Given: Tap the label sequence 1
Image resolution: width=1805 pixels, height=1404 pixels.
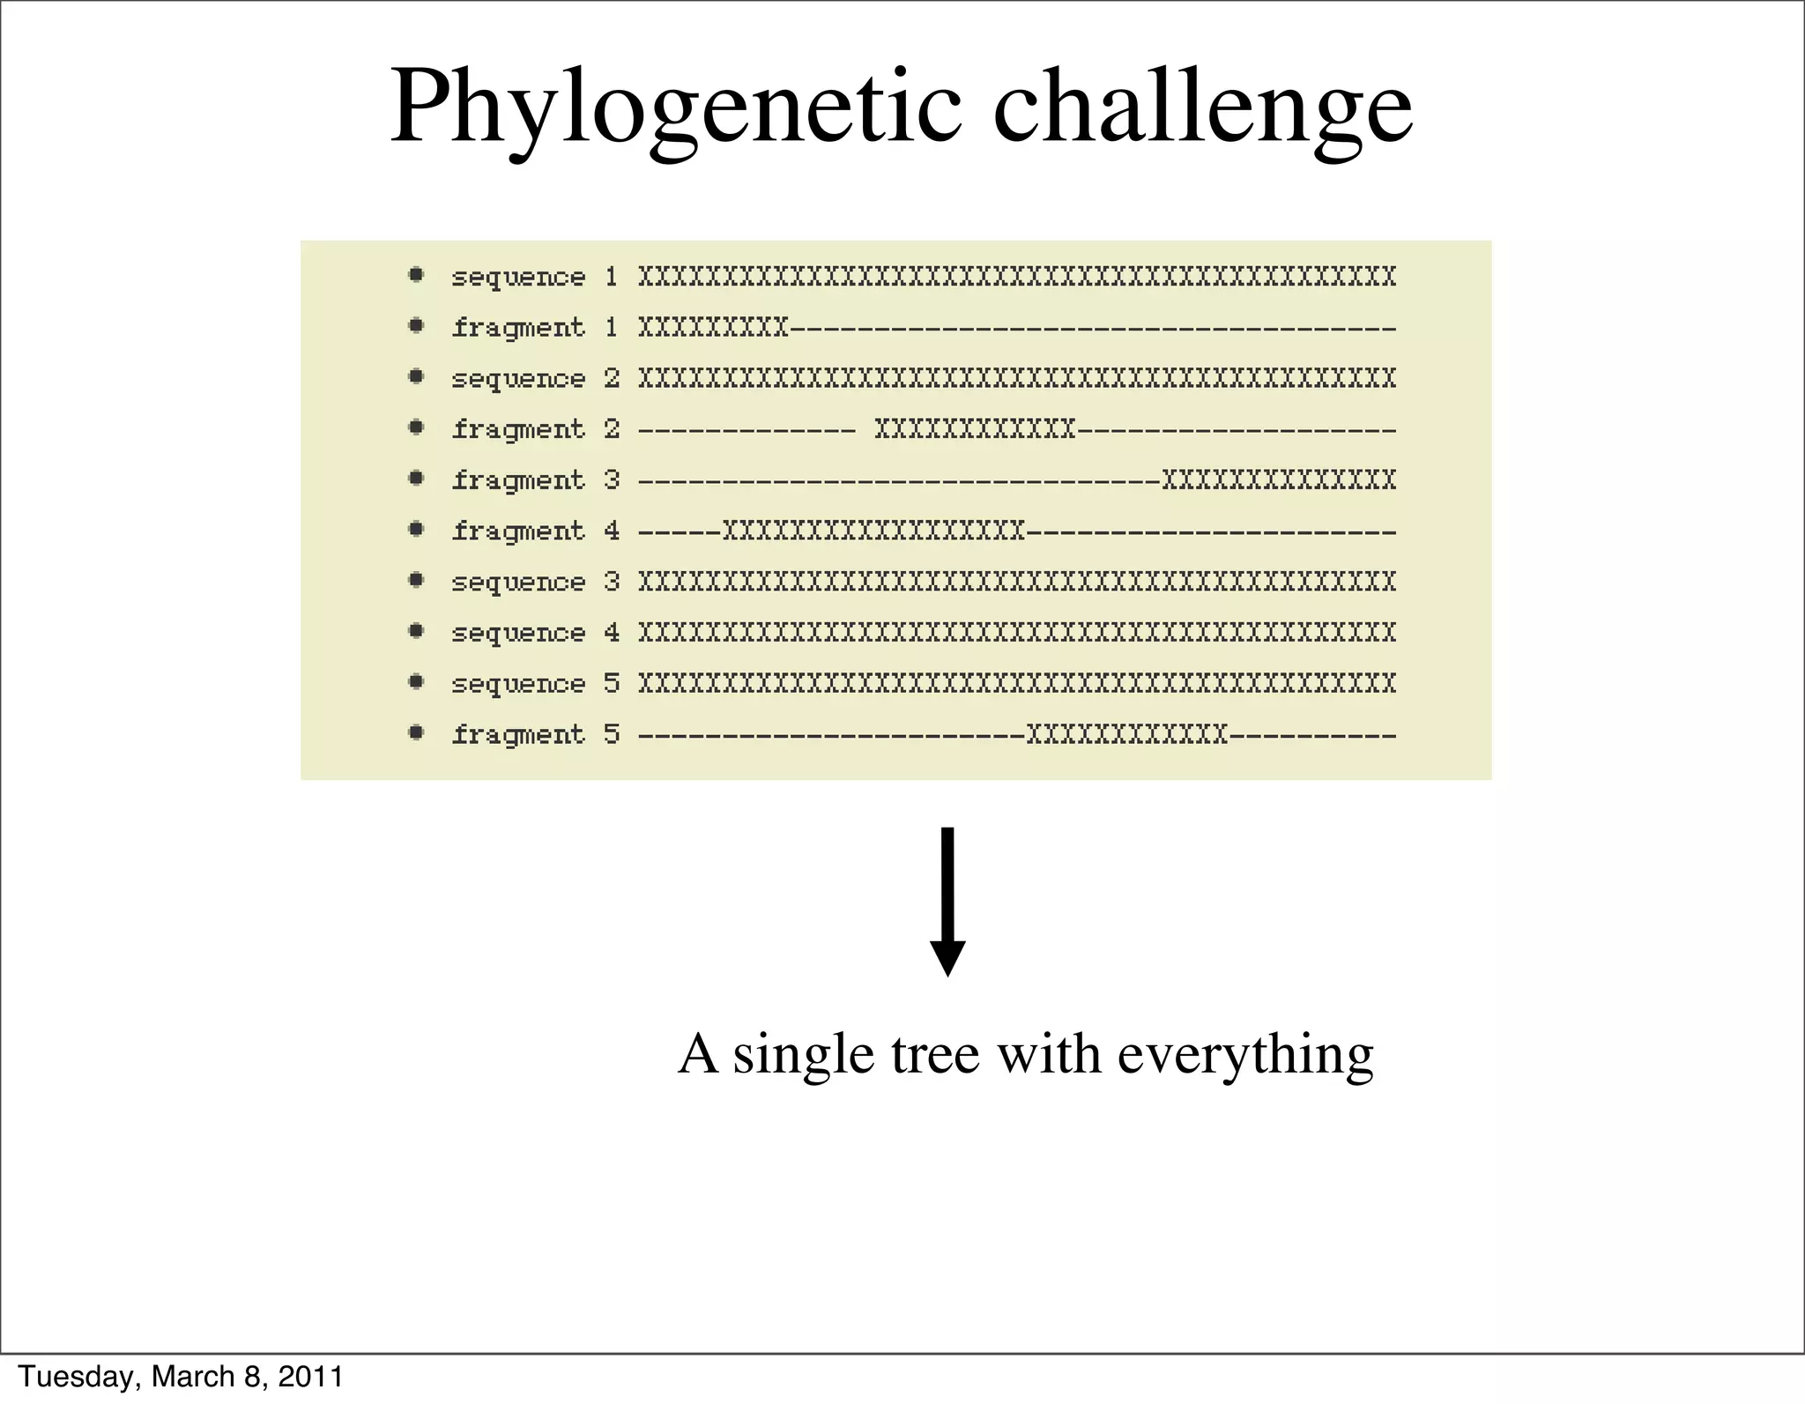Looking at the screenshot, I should (534, 278).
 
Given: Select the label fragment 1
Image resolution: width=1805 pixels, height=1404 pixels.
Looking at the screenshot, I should (534, 329).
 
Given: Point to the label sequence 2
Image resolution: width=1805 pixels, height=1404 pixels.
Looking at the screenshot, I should (534, 379).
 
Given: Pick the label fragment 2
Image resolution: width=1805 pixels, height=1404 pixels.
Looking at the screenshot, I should (534, 430).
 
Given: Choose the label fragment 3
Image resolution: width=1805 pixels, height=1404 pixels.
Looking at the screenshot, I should (534, 480).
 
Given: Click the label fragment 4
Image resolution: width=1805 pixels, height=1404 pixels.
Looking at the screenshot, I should (534, 531).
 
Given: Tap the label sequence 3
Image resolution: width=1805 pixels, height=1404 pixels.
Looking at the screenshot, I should (534, 583).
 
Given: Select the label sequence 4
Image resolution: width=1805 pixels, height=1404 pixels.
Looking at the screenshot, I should (534, 633).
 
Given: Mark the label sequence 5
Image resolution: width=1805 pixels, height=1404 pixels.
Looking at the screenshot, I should (534, 684).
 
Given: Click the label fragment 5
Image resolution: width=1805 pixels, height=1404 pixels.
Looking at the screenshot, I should (534, 735).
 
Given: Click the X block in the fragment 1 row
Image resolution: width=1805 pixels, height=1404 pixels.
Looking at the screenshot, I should (713, 329).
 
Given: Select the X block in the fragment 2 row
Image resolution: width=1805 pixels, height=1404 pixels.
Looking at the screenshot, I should (975, 430).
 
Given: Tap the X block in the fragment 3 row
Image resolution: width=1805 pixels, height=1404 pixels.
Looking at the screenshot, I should (1279, 480).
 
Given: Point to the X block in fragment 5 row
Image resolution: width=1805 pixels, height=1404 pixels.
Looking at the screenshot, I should (1127, 735).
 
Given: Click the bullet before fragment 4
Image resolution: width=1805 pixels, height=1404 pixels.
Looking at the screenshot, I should (416, 530).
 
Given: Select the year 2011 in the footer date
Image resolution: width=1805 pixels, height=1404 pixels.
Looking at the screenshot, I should (310, 1377).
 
